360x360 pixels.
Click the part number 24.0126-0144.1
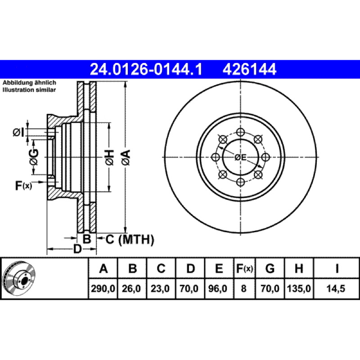point(146,69)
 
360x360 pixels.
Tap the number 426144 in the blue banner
point(249,69)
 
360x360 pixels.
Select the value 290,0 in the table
point(103,288)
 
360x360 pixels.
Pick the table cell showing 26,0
point(131,288)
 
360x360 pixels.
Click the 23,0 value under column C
point(160,288)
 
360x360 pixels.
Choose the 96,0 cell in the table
point(218,288)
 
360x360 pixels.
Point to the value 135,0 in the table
point(299,288)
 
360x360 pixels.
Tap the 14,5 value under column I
point(336,288)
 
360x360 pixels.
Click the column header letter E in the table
point(219,268)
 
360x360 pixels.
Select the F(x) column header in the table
point(244,268)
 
